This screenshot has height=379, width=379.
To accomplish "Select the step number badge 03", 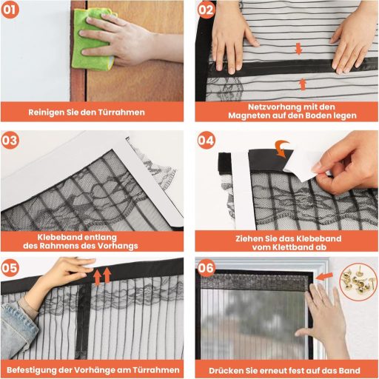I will (10, 139).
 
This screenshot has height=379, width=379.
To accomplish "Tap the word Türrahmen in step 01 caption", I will (124, 113).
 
